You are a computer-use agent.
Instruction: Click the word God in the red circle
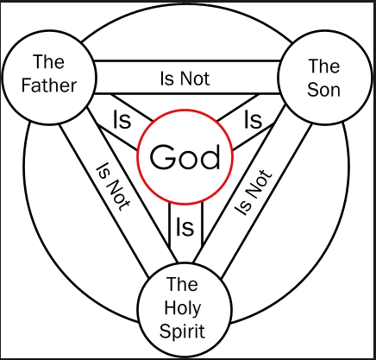pos(185,157)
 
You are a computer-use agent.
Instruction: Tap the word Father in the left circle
pos(49,85)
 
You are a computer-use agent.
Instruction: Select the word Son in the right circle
pos(323,90)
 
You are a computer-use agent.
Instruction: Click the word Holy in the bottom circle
pos(183,308)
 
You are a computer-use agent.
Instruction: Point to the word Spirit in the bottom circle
pos(182,332)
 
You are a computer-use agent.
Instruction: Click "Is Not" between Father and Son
pos(185,79)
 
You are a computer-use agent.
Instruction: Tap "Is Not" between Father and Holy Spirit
pos(113,186)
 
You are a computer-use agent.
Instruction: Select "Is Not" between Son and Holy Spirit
pos(253,193)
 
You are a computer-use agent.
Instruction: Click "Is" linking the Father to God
pos(122,119)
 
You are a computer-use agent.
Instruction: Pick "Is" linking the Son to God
pos(253,119)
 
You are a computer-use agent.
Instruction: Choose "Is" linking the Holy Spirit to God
pos(185,227)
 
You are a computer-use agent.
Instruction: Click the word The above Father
pos(48,61)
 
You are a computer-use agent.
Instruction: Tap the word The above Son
pos(324,66)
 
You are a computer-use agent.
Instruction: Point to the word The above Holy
pos(182,284)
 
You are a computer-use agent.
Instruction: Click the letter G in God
pos(163,157)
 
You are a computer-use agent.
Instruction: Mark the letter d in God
pos(212,157)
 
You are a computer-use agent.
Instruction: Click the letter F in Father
pos(27,85)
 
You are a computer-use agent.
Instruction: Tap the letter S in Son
pos(312,90)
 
